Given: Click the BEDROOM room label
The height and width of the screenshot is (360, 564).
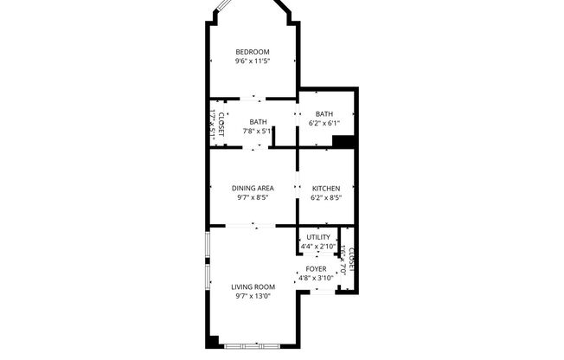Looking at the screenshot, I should pos(253,52).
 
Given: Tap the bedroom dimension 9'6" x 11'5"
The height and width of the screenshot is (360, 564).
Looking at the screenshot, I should pos(253,61).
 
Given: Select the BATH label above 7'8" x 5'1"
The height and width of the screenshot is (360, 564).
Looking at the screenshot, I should pos(258,122).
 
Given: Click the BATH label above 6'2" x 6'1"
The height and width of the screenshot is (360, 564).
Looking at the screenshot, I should pos(324,114).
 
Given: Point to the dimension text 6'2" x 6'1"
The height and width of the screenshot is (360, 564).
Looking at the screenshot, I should pos(324,124).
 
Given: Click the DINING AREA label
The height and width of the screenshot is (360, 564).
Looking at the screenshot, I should pos(253,188).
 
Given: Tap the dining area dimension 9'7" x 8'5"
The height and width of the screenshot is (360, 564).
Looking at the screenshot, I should pos(253,197).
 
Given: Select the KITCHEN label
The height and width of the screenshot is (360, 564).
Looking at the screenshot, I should pos(325,188).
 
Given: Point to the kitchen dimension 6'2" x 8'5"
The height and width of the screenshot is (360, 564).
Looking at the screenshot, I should pos(325,197).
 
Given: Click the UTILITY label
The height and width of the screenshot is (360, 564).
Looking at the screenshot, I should pos(317,237).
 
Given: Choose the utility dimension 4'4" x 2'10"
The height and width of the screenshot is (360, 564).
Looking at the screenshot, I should pos(317,247).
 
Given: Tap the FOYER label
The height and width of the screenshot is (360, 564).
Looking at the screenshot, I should pos(317,269).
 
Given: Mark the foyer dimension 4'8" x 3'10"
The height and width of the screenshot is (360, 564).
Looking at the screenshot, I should pos(317,279).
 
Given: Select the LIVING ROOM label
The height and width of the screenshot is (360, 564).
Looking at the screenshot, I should pos(253,286).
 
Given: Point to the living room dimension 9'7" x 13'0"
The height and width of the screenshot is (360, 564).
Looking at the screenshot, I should pos(253,296).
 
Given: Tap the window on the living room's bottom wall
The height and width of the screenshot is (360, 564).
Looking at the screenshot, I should pos(251,345).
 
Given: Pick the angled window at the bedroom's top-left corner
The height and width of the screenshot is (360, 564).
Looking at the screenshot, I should pos(221,12).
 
